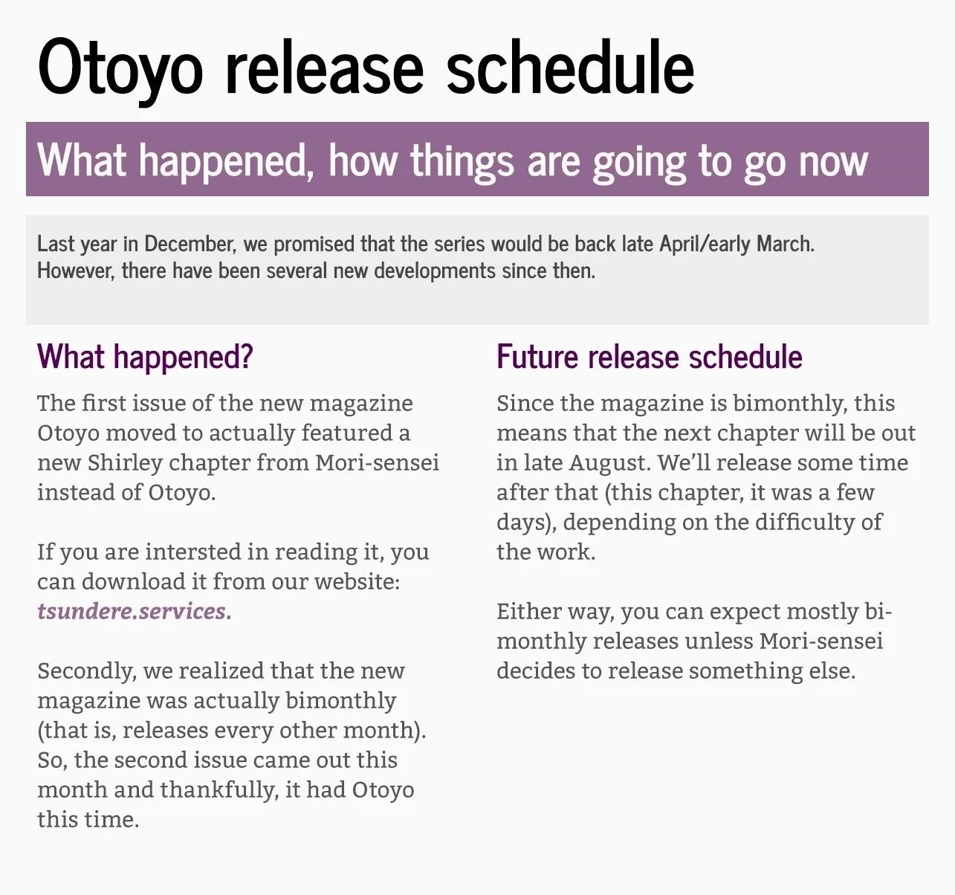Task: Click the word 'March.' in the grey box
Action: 786,244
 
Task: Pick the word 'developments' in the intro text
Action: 434,271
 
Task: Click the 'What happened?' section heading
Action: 145,357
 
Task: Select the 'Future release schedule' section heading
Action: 649,357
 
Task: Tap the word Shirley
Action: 125,463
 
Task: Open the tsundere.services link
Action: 135,612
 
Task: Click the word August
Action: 608,464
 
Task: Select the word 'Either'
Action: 528,612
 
